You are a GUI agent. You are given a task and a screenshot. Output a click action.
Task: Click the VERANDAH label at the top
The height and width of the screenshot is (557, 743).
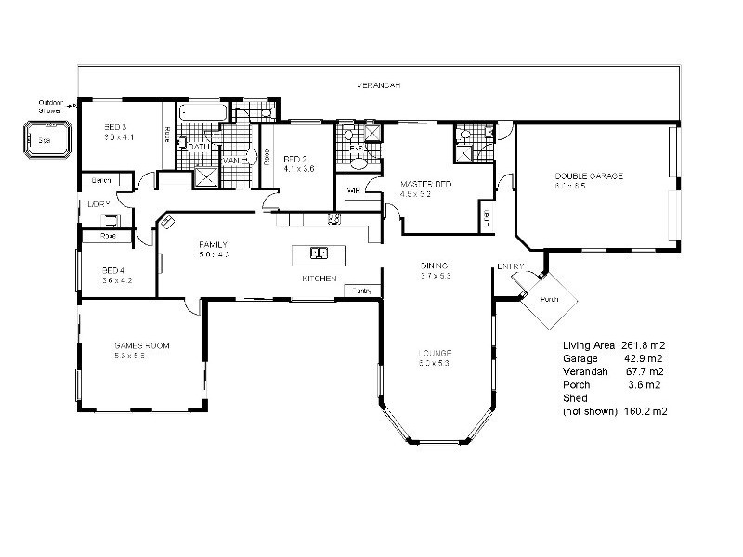pyautogui.click(x=379, y=85)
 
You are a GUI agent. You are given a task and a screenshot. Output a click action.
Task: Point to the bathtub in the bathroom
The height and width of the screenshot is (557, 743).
pyautogui.click(x=202, y=113)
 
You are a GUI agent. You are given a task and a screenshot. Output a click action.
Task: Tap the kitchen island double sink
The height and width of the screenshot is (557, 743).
pyautogui.click(x=318, y=253)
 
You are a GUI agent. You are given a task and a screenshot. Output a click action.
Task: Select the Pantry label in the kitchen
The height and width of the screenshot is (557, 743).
pyautogui.click(x=362, y=291)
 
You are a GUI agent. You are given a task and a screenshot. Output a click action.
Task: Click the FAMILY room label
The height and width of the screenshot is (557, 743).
pyautogui.click(x=213, y=244)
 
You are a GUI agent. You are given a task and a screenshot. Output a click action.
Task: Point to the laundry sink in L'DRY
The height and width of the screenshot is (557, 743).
pyautogui.click(x=110, y=221)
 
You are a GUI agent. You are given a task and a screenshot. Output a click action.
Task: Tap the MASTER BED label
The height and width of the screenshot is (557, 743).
pyautogui.click(x=425, y=185)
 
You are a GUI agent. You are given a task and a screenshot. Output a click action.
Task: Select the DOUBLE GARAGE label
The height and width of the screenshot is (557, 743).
pyautogui.click(x=588, y=175)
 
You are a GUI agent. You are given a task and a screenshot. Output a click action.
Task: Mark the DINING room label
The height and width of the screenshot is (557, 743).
pyautogui.click(x=435, y=264)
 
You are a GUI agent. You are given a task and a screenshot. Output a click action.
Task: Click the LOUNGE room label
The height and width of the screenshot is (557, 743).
pyautogui.click(x=435, y=353)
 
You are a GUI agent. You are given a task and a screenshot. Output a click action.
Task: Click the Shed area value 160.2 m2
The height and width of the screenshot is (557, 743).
pyautogui.click(x=646, y=409)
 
